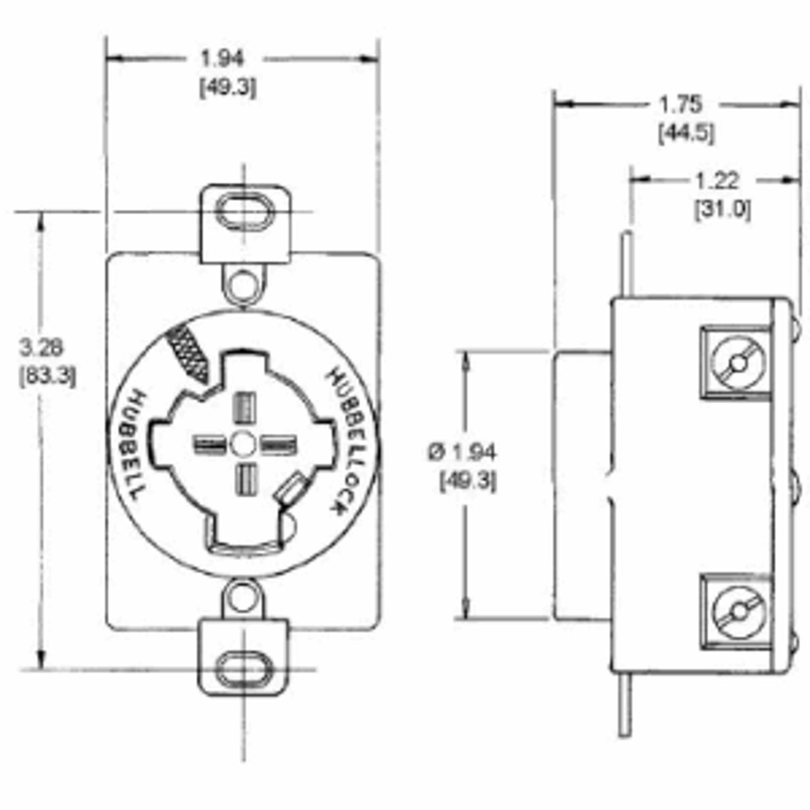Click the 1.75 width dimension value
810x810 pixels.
(x=680, y=105)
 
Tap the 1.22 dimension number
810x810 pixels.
(x=717, y=181)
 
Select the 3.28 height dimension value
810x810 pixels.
(x=41, y=347)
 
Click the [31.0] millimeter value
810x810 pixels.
(x=722, y=210)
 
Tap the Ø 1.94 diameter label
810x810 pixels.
(x=462, y=452)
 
